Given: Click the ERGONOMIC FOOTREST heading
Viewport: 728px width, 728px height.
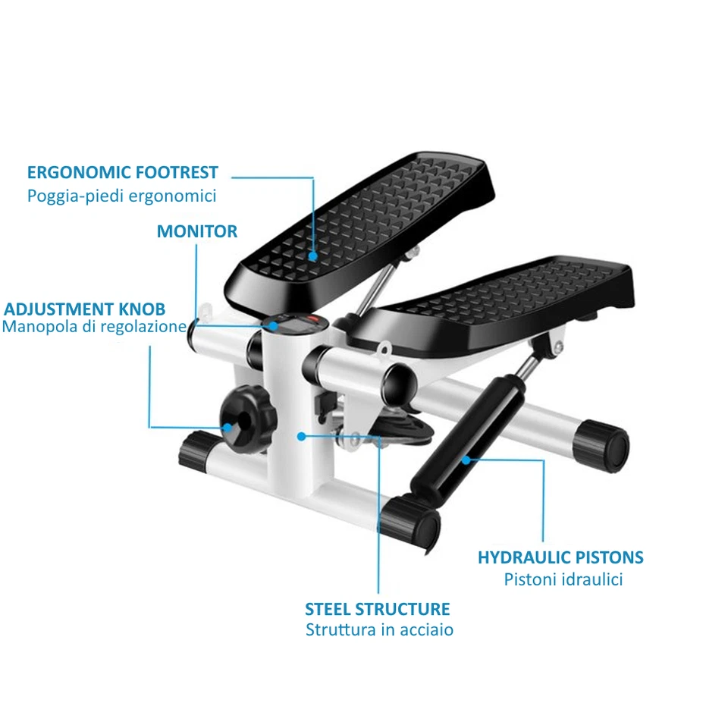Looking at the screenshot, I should pyautogui.click(x=123, y=172).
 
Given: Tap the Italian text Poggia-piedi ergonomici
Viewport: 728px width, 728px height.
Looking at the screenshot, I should pyautogui.click(x=122, y=196).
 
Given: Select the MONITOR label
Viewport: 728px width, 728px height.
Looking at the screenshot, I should pyautogui.click(x=197, y=231).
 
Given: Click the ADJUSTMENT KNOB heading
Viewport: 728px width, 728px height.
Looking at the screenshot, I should pyautogui.click(x=85, y=309).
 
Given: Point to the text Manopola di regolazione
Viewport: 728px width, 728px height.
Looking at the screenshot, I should pyautogui.click(x=94, y=327).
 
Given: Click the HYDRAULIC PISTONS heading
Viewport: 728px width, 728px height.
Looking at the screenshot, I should pyautogui.click(x=560, y=557).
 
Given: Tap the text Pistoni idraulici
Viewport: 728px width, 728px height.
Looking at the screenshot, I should pyautogui.click(x=563, y=579).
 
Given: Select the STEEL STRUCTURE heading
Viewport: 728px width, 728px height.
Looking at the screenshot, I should pyautogui.click(x=378, y=609).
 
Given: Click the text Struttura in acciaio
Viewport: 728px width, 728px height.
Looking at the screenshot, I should pyautogui.click(x=380, y=629).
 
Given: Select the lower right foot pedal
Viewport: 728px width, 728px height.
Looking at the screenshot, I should pyautogui.click(x=493, y=300).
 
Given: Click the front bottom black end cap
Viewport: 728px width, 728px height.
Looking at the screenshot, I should pyautogui.click(x=409, y=522).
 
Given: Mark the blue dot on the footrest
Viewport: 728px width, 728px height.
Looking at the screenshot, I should pyautogui.click(x=312, y=256).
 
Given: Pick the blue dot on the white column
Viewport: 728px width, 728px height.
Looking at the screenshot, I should pyautogui.click(x=301, y=436).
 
